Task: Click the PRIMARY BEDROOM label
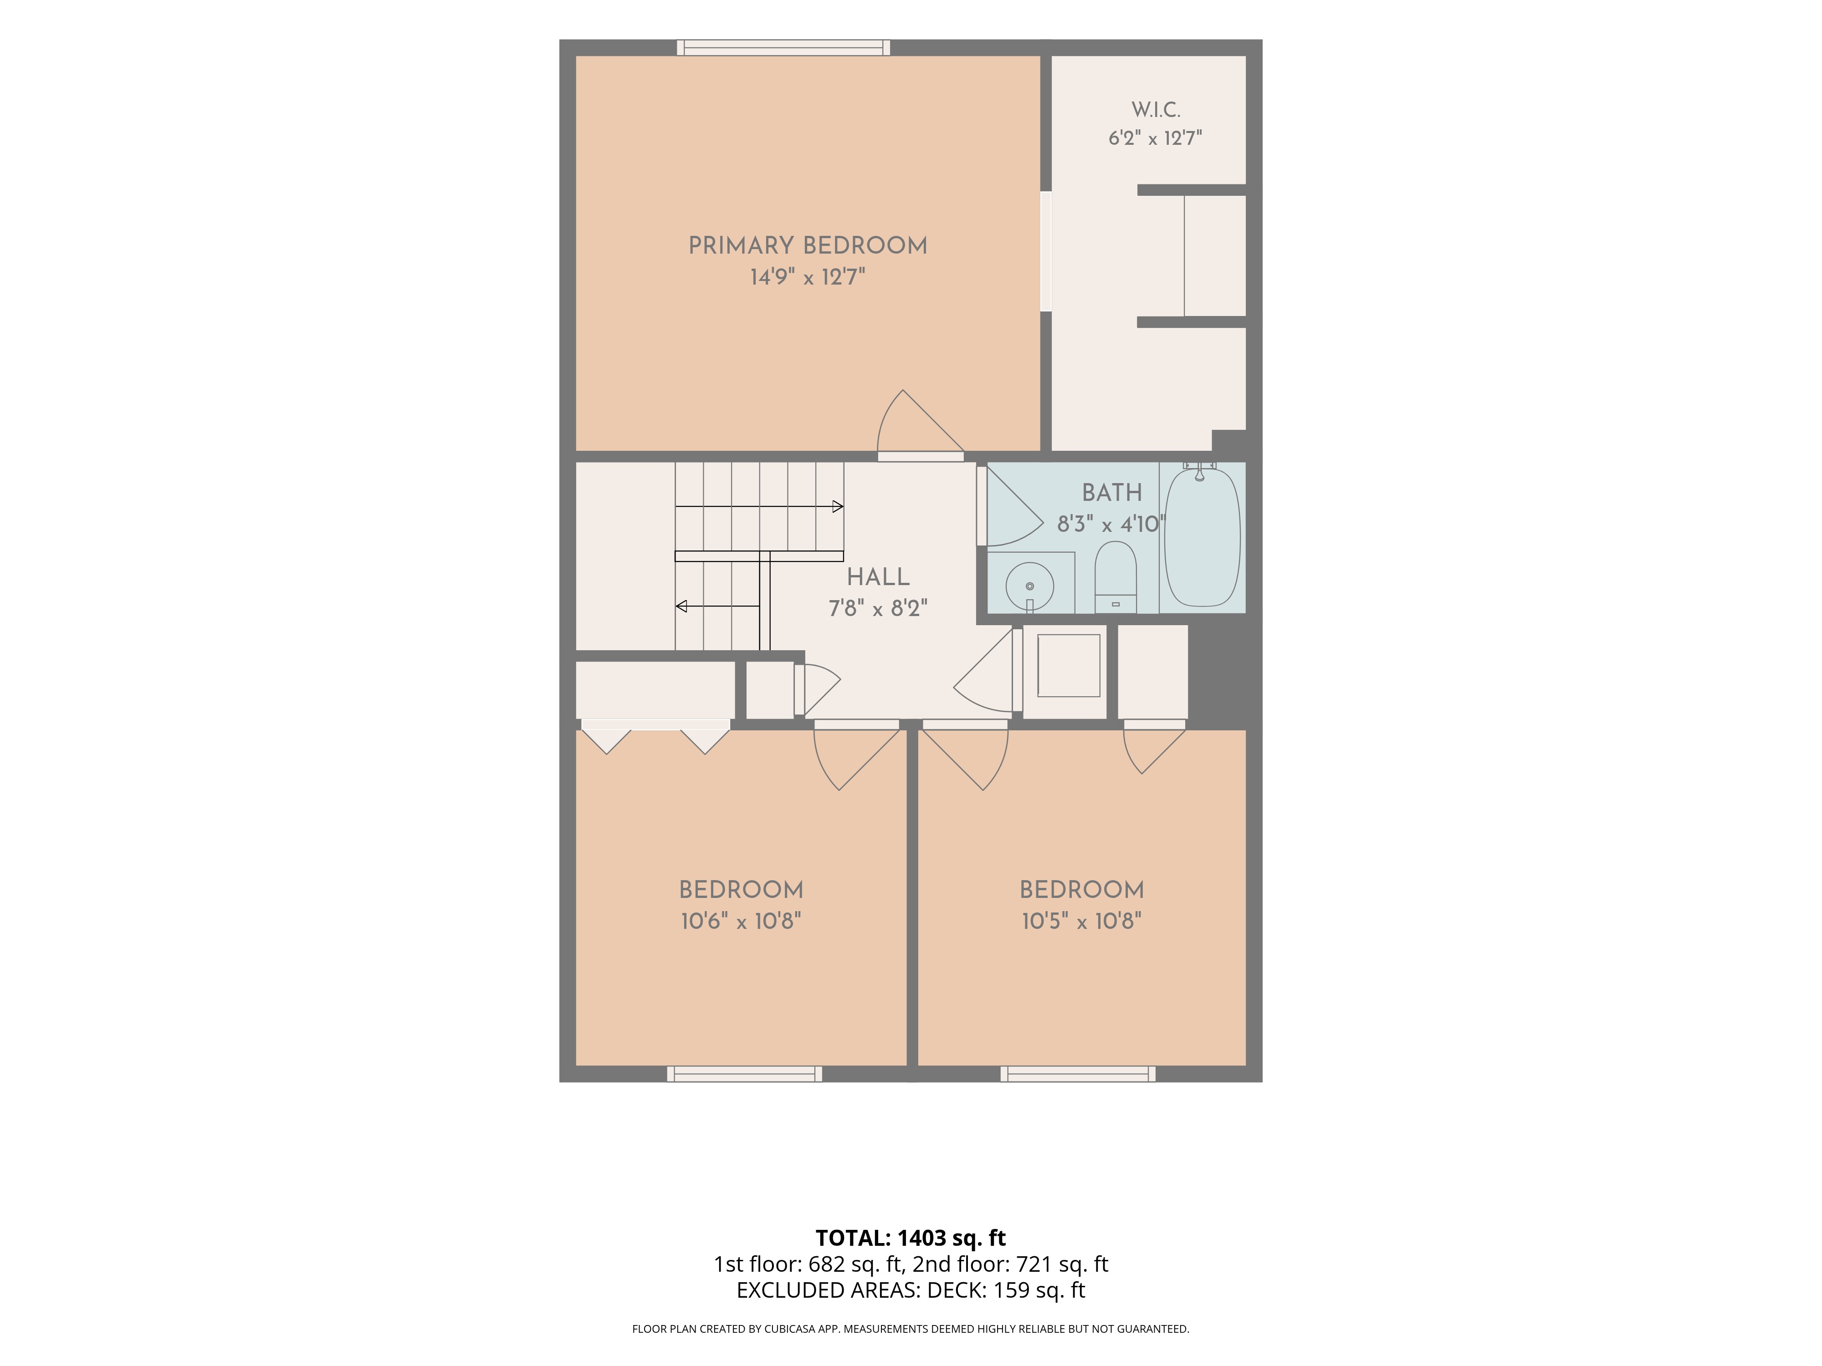point(807,245)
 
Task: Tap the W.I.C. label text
point(1156,110)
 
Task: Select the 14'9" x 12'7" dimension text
point(807,277)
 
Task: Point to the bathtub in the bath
point(1202,537)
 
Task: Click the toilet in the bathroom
point(1115,576)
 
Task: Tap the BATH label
point(1112,492)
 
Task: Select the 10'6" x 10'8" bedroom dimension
point(741,921)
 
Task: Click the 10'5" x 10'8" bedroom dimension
point(1081,921)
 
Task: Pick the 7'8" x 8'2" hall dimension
point(878,608)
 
